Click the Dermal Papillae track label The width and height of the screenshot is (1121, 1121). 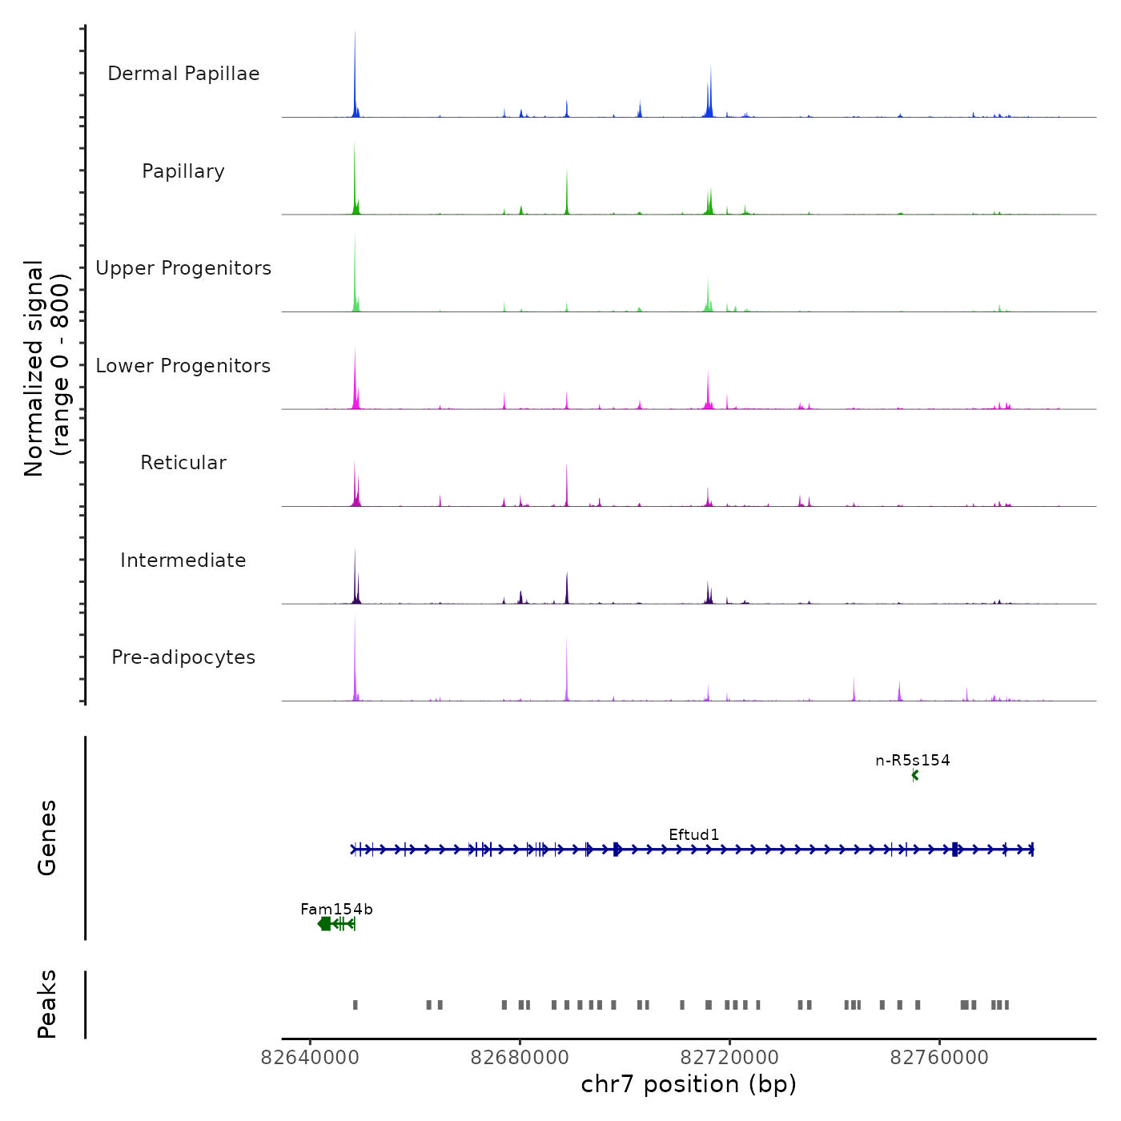point(183,74)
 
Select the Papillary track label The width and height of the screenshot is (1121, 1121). point(183,171)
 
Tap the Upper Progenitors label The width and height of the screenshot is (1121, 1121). point(183,268)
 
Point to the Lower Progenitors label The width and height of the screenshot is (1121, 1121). point(183,366)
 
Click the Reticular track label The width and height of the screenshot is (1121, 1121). point(183,463)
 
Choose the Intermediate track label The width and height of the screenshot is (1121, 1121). point(183,560)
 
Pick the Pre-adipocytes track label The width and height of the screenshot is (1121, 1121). point(183,657)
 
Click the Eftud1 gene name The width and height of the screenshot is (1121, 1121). point(694,834)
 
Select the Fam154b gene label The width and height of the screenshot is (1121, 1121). point(336,909)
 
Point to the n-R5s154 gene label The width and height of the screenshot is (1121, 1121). point(913,760)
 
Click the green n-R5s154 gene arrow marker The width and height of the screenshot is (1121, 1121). point(915,775)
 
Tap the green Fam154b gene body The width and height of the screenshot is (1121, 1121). point(335,924)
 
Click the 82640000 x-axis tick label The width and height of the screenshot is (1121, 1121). point(310,1058)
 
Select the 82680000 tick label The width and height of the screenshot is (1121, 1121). point(520,1058)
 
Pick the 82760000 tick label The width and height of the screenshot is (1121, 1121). point(939,1058)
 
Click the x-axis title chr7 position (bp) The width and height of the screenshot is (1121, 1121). point(689,1084)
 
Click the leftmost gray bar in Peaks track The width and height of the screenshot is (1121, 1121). point(356,1005)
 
